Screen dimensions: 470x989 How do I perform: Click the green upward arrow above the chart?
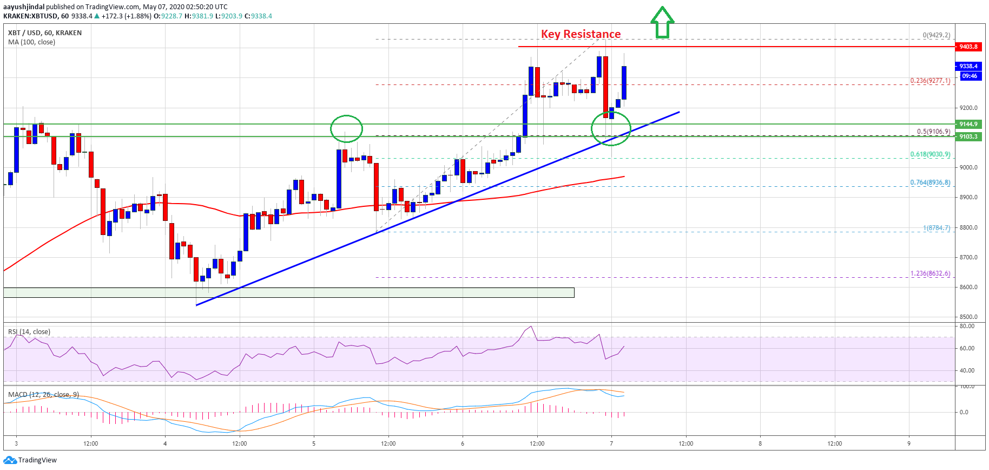tap(662, 23)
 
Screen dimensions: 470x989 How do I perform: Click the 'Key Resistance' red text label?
tap(581, 34)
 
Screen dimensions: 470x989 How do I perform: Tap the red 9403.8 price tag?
tap(968, 47)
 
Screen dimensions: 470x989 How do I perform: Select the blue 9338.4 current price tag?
tap(968, 66)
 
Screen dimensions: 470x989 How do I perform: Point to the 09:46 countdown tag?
tap(969, 76)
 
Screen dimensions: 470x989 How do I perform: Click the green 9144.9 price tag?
tap(968, 124)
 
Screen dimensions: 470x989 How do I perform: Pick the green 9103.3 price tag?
tap(968, 136)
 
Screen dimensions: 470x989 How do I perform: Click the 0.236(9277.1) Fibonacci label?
tap(929, 81)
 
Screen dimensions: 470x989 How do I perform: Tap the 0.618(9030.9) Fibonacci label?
tap(929, 154)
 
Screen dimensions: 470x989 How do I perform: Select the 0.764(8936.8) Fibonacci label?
tap(929, 182)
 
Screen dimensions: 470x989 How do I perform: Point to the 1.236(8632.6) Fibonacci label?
tap(929, 273)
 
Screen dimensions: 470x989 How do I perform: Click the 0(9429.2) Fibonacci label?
tap(936, 35)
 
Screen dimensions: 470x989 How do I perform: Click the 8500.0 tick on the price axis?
tap(968, 317)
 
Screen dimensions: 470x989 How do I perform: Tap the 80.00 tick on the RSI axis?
tap(967, 326)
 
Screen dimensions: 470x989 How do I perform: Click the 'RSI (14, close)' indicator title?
tap(29, 332)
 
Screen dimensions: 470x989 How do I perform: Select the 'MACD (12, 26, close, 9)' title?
tap(43, 394)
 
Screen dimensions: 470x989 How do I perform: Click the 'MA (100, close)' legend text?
tap(31, 42)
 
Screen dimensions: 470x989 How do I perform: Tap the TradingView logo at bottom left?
tap(30, 460)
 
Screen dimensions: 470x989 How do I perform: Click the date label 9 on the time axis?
tap(909, 443)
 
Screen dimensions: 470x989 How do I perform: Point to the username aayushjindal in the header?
tap(24, 7)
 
